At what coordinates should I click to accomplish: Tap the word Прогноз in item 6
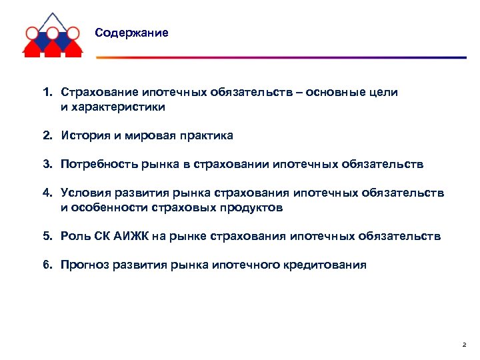point(82,265)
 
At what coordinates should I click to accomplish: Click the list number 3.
point(47,164)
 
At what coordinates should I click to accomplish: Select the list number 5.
point(47,236)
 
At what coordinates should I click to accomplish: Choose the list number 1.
point(47,93)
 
